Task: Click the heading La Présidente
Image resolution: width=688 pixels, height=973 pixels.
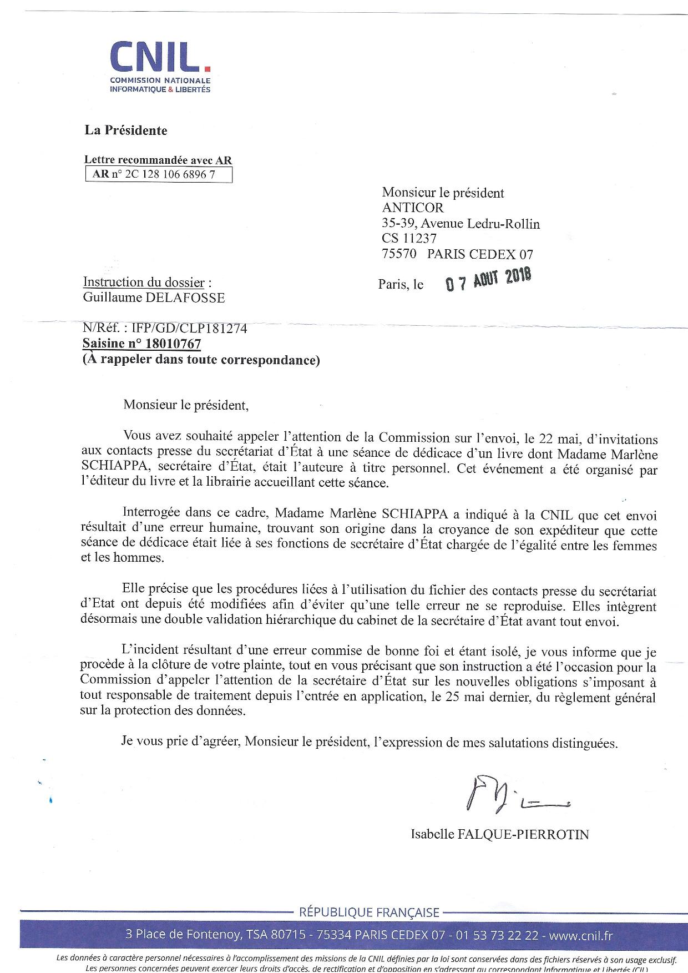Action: click(x=125, y=130)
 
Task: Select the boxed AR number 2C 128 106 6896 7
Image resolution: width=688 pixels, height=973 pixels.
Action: click(x=158, y=175)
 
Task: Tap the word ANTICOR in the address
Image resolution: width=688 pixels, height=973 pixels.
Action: click(x=413, y=208)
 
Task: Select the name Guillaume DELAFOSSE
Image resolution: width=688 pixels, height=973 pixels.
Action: click(x=154, y=298)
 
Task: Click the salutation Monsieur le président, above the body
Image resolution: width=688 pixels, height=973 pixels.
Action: click(x=186, y=405)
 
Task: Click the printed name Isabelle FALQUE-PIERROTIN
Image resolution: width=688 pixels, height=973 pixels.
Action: click(x=499, y=834)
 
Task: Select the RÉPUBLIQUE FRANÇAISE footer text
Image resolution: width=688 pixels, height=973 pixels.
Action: click(x=369, y=912)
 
